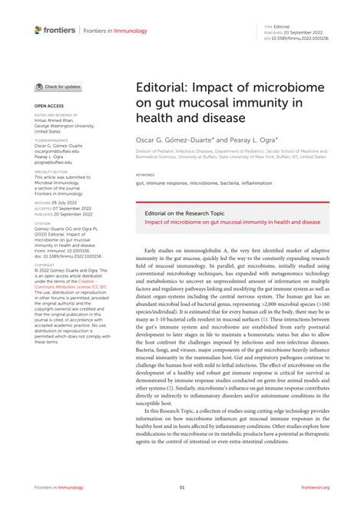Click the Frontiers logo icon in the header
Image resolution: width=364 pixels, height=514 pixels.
point(38,29)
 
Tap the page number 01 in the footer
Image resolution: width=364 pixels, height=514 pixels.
point(182,486)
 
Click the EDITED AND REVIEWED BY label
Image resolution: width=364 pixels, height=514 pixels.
point(56,114)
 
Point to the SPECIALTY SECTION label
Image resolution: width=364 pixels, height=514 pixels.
point(50,172)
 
